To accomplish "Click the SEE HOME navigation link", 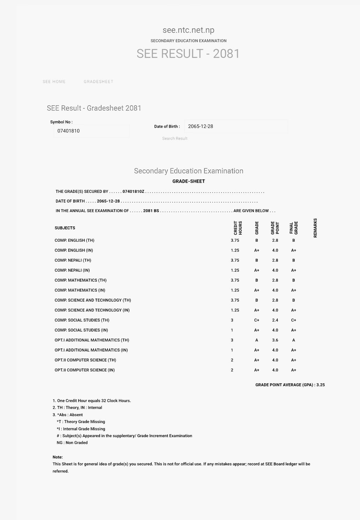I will click(54, 82).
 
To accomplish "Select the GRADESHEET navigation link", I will click(98, 82).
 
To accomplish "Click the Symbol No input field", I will click(91, 131).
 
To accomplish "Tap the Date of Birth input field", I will click(236, 126).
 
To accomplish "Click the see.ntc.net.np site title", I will click(188, 30).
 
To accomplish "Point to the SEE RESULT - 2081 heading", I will click(188, 54).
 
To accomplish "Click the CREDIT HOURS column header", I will click(238, 228).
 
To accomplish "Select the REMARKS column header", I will click(315, 228).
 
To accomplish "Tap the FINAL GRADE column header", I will click(294, 228).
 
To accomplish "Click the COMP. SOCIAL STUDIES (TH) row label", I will click(82, 320).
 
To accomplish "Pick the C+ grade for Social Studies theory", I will click(257, 320).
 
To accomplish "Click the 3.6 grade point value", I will click(275, 340).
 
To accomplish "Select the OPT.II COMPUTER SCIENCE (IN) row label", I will click(85, 370).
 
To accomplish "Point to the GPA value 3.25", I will click(321, 385).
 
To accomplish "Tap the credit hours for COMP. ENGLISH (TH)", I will click(235, 240).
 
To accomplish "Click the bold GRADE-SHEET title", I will click(189, 181).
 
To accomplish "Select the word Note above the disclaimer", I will click(58, 457).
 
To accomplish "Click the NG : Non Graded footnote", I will click(72, 443).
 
